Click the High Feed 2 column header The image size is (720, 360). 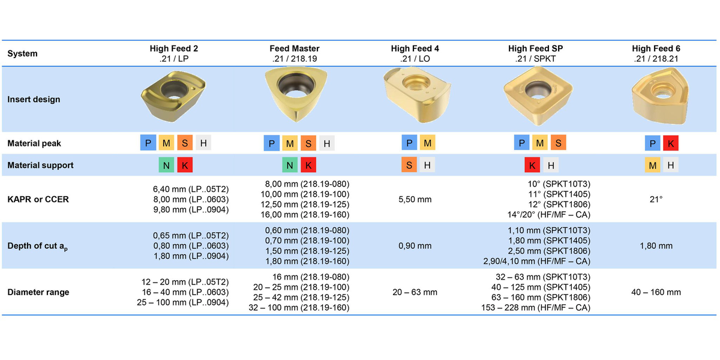click(174, 53)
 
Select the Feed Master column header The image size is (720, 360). click(294, 53)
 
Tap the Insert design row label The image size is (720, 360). click(34, 100)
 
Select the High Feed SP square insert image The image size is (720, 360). click(535, 93)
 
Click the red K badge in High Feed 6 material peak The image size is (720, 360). click(670, 143)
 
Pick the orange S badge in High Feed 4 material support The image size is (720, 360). click(409, 165)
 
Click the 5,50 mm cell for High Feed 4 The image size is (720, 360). click(415, 199)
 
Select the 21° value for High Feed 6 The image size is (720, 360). click(656, 199)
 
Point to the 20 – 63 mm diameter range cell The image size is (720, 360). click(415, 292)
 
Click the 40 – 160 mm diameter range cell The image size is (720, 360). click(656, 292)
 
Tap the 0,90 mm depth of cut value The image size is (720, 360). click(415, 245)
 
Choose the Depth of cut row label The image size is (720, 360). click(37, 246)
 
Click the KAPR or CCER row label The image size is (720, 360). click(38, 199)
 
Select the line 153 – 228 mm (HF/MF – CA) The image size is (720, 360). click(536, 308)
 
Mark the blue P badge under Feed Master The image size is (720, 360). click(272, 143)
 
